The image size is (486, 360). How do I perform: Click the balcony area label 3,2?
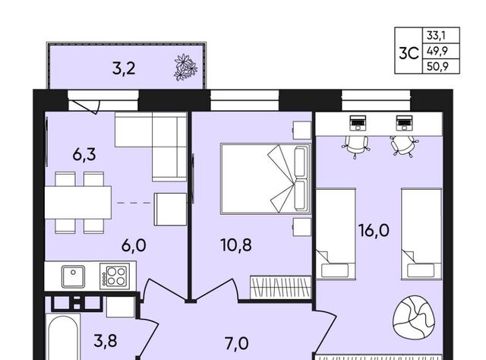click(124, 68)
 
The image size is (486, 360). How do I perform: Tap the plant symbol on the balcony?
click(185, 68)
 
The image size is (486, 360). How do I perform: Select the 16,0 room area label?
click(374, 231)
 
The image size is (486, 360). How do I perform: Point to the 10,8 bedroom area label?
click(236, 245)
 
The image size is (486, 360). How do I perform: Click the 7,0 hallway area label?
click(236, 343)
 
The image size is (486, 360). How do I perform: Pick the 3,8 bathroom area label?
click(106, 340)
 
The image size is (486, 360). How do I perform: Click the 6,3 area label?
click(84, 154)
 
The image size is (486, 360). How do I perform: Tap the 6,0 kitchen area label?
click(134, 246)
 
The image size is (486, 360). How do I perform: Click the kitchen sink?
click(73, 276)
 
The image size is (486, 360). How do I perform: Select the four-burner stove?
click(115, 276)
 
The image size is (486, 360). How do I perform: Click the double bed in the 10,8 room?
click(266, 178)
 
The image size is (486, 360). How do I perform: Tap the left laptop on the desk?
click(358, 123)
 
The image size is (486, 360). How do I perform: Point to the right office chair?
click(403, 146)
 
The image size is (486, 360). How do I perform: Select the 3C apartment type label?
click(409, 53)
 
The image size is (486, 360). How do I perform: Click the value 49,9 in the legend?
click(437, 50)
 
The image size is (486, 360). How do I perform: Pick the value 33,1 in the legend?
click(436, 36)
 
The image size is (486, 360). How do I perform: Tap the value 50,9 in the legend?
click(437, 66)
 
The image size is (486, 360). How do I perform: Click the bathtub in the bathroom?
click(63, 337)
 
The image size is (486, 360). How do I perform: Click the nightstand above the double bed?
click(302, 130)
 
